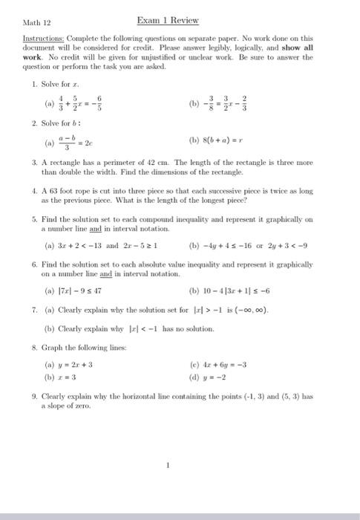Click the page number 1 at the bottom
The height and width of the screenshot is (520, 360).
click(x=169, y=467)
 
